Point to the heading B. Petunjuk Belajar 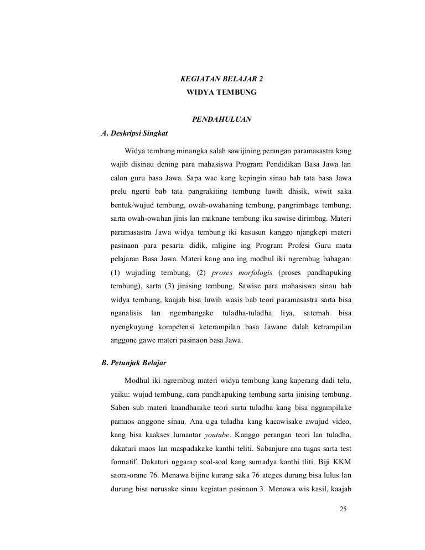coord(127,364)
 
